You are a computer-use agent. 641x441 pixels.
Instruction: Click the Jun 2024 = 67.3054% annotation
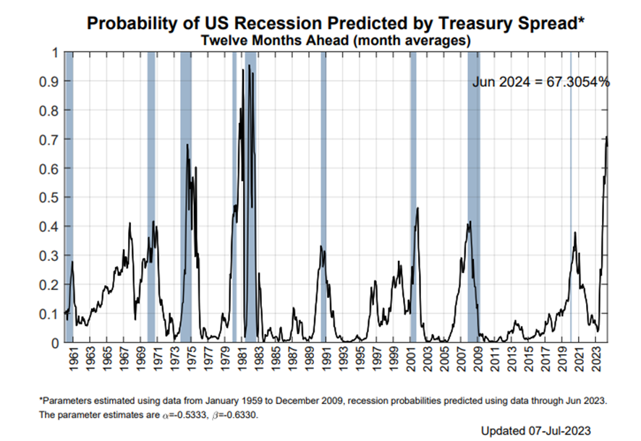541,82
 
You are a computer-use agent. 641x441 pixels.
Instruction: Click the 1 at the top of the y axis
51,53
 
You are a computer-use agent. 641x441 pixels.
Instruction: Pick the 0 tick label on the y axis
51,343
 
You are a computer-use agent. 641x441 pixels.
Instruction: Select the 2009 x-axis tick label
477,359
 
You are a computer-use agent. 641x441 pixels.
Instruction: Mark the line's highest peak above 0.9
250,66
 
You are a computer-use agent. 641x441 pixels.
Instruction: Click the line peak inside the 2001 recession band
417,209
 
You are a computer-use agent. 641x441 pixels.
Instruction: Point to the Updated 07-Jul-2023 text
540,430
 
